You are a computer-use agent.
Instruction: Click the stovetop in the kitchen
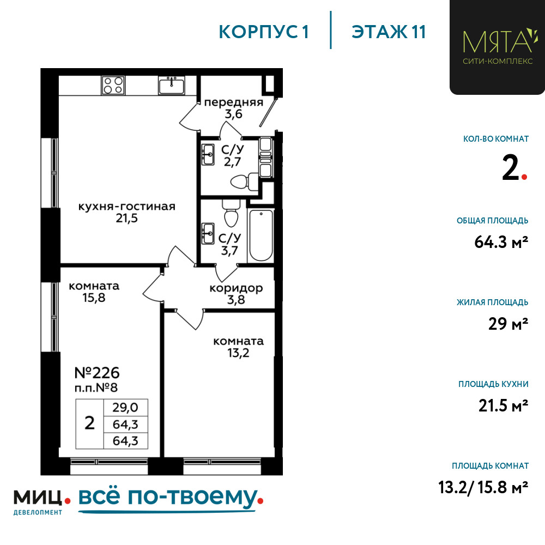click(113, 85)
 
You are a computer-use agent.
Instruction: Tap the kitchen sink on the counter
click(171, 85)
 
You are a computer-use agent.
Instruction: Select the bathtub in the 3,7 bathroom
click(261, 235)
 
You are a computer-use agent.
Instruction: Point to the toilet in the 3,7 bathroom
click(231, 213)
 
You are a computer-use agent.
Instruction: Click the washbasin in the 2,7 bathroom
click(208, 154)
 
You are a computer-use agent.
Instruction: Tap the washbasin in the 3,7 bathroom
click(208, 233)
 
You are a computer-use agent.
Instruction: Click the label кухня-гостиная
click(127, 207)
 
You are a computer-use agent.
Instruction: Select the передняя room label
click(234, 102)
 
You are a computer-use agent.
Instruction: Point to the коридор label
click(236, 288)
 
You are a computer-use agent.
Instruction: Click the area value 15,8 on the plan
click(94, 298)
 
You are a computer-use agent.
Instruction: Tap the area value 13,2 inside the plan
click(239, 353)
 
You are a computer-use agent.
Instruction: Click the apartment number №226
click(97, 373)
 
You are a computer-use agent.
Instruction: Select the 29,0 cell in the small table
click(125, 407)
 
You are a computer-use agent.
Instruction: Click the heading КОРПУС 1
click(264, 32)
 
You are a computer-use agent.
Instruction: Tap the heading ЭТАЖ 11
click(389, 32)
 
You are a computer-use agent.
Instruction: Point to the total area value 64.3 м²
click(501, 242)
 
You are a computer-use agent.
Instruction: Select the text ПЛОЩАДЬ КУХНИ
click(493, 384)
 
